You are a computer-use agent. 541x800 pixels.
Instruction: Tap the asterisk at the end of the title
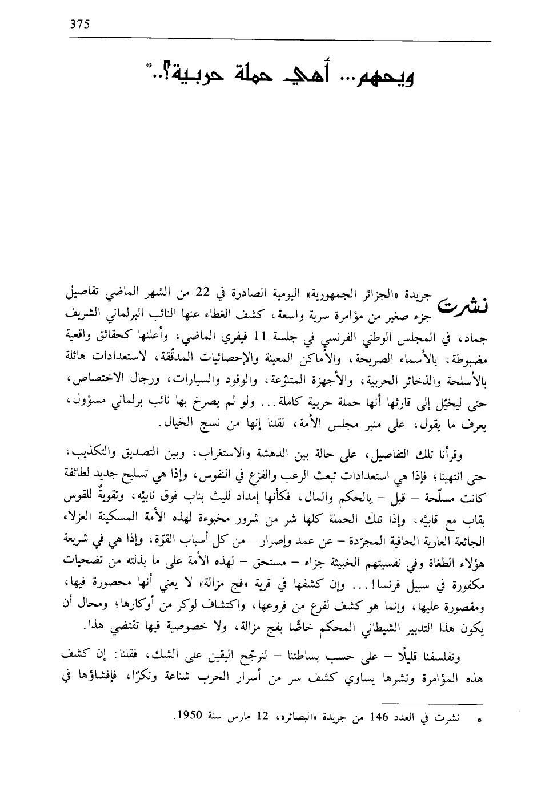click(149, 67)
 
